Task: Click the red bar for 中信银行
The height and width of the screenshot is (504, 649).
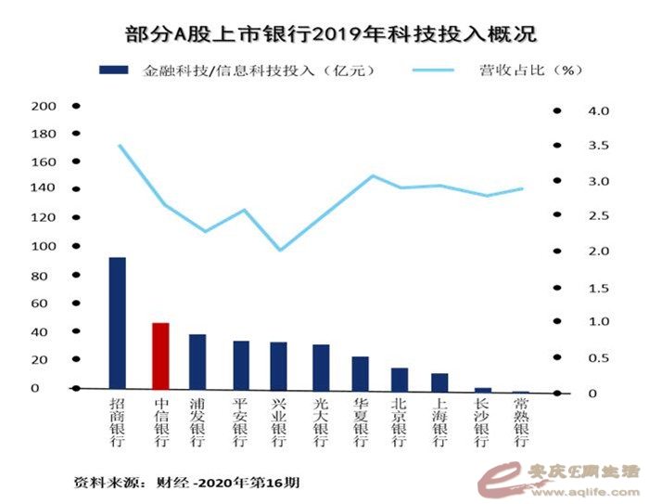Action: click(159, 355)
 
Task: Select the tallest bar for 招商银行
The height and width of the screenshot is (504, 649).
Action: click(117, 322)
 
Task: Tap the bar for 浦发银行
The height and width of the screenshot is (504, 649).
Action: click(197, 361)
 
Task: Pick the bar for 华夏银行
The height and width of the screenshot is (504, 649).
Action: click(360, 372)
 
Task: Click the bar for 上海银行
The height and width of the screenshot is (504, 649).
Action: click(439, 381)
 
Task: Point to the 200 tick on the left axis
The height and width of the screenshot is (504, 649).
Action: click(44, 107)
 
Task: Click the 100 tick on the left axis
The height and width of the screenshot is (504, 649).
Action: click(44, 247)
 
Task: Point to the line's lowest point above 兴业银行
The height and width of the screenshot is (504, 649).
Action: click(280, 250)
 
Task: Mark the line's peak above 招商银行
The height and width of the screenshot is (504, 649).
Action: click(120, 145)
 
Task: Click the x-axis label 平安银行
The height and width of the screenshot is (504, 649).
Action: click(240, 423)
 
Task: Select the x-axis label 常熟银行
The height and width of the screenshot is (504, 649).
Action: click(520, 423)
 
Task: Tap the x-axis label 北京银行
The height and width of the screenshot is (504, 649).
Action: click(400, 423)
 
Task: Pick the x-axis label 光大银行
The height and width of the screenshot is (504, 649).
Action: click(320, 423)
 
